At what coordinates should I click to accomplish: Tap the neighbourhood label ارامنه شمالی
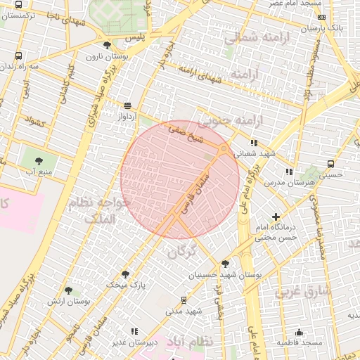252,37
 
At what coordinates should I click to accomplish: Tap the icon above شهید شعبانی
254,143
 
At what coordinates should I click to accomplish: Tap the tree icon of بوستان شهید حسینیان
225,264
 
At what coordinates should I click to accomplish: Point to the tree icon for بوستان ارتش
68,290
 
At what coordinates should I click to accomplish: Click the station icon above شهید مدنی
184,299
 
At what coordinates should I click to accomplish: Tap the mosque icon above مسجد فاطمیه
299,332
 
